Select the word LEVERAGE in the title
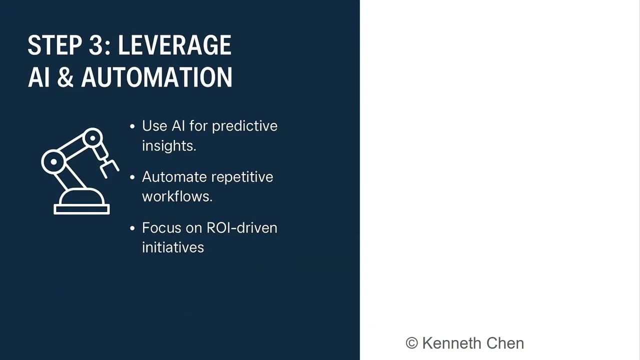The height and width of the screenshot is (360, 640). pos(174,45)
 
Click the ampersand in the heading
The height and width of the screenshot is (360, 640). pos(65,77)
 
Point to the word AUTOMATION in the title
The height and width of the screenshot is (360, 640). pos(156,77)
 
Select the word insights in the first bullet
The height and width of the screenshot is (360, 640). pos(168,145)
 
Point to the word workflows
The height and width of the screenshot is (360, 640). pos(177,196)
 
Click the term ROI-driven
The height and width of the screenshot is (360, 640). pos(242,228)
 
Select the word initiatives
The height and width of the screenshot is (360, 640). pos(172,247)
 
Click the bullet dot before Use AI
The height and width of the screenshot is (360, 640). pos(132,126)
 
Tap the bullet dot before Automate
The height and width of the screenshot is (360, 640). pos(132,177)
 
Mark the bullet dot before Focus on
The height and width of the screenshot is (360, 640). pos(132,228)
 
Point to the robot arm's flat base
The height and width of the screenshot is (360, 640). pos(81,209)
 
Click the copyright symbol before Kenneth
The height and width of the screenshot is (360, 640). pos(411,343)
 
